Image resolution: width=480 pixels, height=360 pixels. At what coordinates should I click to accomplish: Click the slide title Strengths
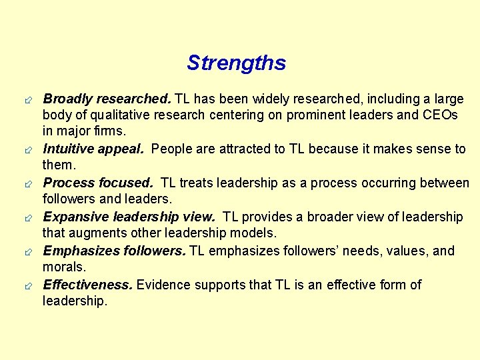tap(236, 63)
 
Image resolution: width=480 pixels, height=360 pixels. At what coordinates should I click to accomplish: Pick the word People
tap(171, 149)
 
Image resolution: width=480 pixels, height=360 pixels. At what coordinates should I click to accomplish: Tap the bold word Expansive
tap(76, 217)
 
